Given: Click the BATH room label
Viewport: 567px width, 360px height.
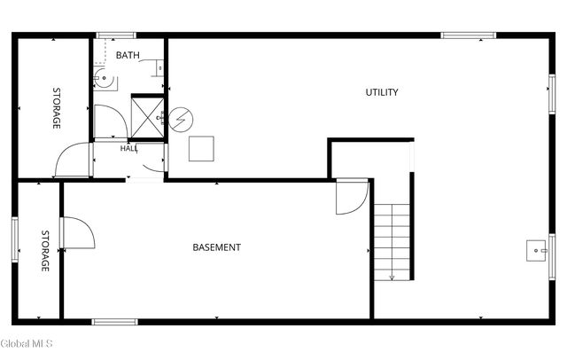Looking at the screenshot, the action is click(x=128, y=55).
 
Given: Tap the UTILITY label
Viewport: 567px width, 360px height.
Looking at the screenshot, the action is click(x=382, y=92).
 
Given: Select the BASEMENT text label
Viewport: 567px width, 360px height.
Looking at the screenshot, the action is click(x=216, y=247).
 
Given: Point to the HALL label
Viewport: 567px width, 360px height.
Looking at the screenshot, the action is click(x=128, y=148).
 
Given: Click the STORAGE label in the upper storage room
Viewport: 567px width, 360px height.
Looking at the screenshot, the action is click(x=57, y=108).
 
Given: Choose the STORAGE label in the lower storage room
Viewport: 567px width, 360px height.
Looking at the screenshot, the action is click(x=45, y=251).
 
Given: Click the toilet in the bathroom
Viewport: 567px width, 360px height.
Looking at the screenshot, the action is click(x=104, y=78).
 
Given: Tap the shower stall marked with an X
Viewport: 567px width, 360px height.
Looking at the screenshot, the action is click(x=147, y=118).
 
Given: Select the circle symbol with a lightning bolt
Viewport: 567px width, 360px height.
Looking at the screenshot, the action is click(x=181, y=120).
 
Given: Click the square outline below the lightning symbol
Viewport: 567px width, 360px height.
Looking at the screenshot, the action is click(x=201, y=149).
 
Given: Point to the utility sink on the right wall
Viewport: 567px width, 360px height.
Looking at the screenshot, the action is click(x=536, y=250).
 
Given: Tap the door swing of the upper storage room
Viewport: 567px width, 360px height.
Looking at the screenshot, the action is click(x=72, y=160).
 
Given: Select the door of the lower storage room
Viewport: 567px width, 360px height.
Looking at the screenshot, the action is click(x=77, y=232).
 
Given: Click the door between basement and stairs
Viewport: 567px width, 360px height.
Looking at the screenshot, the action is click(x=352, y=197).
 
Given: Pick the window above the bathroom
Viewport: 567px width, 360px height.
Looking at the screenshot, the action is click(x=116, y=35).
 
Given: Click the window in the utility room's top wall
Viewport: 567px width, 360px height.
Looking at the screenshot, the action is click(x=469, y=35).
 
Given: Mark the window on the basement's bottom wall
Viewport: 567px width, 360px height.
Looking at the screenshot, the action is click(x=114, y=322).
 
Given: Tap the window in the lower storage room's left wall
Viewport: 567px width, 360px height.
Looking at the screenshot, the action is click(x=15, y=239).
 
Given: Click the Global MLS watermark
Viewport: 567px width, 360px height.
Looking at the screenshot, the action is click(x=27, y=343).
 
